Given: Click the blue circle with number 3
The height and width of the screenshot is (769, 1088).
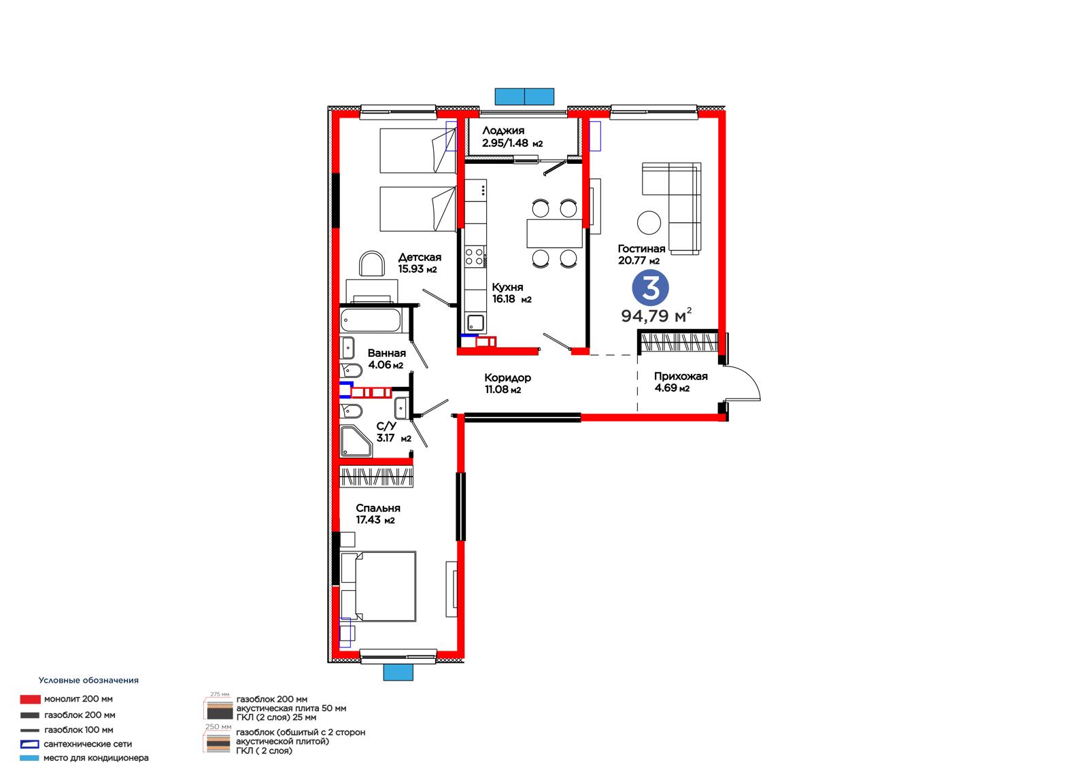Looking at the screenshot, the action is click(x=650, y=288).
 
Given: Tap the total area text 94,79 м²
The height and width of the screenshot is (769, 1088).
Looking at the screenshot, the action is click(x=656, y=315).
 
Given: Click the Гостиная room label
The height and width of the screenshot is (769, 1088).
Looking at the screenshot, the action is click(x=642, y=249).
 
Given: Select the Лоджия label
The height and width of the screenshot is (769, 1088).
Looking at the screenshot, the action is click(x=503, y=131).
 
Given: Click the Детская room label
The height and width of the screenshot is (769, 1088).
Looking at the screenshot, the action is click(x=420, y=258).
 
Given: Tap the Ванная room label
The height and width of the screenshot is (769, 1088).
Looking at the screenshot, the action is click(x=387, y=353).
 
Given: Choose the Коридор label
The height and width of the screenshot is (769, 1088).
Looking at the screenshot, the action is click(x=507, y=378).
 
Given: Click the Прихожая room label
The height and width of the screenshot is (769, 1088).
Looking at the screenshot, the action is click(x=681, y=376).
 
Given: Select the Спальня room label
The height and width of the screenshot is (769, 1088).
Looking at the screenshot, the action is click(x=378, y=508).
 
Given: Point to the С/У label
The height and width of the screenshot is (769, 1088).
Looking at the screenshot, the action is click(x=386, y=426).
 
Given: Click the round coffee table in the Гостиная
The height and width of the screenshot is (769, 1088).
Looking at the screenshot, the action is click(x=649, y=223).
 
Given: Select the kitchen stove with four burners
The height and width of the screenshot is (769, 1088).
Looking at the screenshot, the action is click(x=475, y=257).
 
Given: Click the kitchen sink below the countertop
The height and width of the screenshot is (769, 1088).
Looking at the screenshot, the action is click(x=475, y=323).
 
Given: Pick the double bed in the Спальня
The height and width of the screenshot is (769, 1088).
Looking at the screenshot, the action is click(x=378, y=586).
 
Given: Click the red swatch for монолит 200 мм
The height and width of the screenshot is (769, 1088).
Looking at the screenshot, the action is click(x=30, y=700).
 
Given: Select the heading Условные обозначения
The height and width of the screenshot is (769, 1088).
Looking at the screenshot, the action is click(x=88, y=681).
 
